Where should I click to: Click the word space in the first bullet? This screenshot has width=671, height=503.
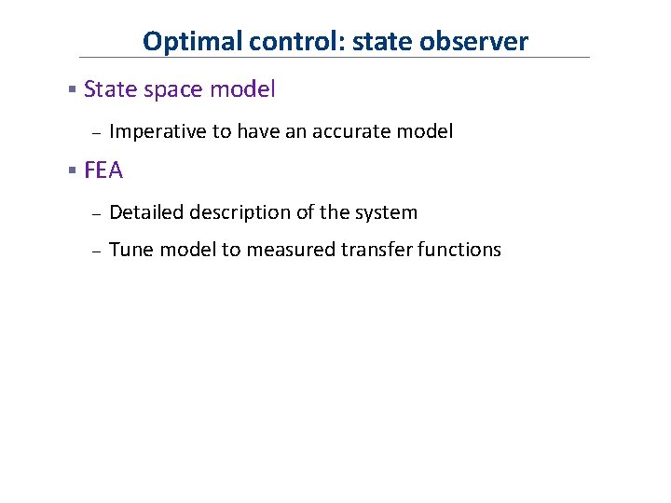[177, 89]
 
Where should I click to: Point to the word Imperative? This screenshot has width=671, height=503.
[157, 131]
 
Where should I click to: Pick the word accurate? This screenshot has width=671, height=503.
[358, 131]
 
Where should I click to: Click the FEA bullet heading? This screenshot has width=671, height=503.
[103, 170]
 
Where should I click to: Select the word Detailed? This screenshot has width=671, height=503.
[146, 212]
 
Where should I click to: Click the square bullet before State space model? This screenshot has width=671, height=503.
[72, 90]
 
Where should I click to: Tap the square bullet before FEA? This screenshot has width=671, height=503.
[72, 171]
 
